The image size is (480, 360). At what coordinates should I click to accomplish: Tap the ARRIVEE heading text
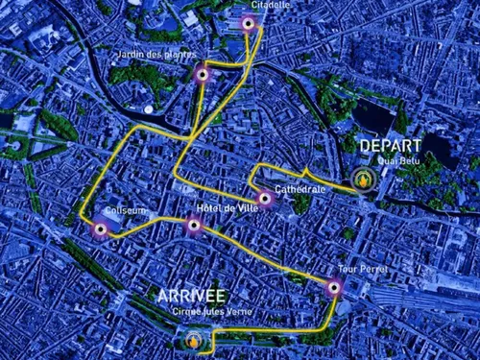coord(192,295)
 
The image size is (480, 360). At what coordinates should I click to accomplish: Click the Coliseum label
coord(127,210)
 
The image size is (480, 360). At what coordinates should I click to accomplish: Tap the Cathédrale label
coord(300,190)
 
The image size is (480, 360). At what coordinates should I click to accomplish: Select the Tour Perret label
coord(363,270)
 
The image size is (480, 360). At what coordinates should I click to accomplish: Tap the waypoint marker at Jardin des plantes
coord(202,74)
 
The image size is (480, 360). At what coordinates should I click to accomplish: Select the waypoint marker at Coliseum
coord(100,228)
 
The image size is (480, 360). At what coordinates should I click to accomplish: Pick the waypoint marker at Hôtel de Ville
coord(193,227)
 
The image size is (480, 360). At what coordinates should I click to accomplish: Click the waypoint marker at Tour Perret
coord(334,286)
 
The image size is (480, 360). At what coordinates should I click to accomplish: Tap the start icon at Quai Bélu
coord(364,179)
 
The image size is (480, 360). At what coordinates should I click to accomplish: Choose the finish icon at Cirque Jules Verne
coord(194,339)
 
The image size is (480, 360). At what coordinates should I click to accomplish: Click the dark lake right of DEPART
coord(438,149)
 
